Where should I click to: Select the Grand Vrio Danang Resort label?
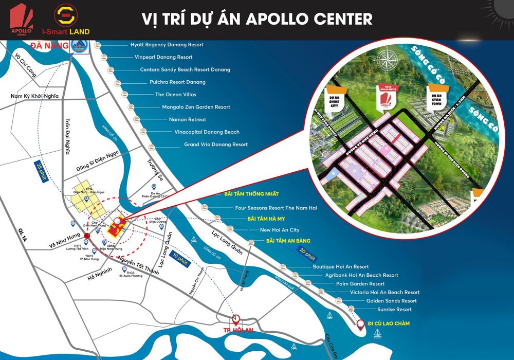click(x=216, y=145)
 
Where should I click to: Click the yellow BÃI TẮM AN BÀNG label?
click(x=288, y=241)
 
